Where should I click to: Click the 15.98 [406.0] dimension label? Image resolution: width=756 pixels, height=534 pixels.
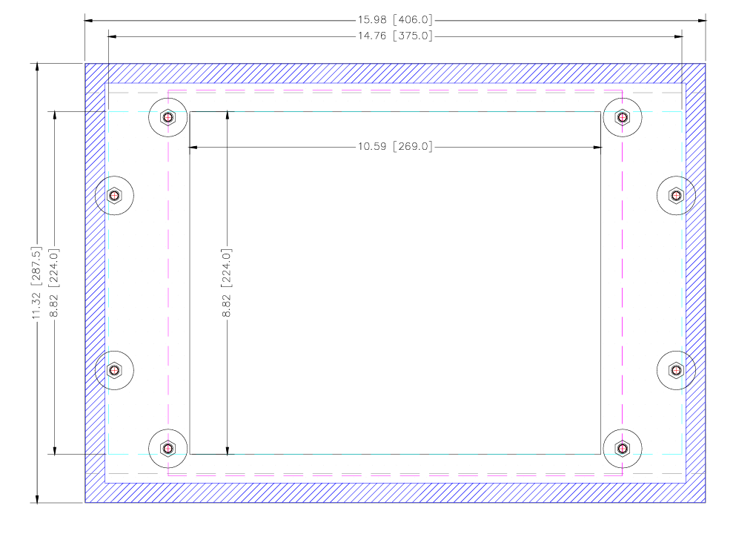coord(395,20)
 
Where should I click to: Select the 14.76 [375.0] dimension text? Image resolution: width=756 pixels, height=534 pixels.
coord(395,36)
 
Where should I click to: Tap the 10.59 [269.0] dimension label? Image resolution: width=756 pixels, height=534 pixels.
coord(395,146)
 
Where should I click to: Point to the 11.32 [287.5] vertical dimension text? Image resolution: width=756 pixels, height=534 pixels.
coord(36,283)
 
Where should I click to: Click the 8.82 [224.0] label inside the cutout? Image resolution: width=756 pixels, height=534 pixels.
coord(227,283)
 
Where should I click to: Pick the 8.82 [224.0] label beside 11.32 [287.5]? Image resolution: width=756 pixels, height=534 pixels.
coord(54,283)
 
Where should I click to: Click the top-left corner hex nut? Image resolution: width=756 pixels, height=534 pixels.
coord(168,117)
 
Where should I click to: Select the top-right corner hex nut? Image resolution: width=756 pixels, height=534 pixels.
coord(623,117)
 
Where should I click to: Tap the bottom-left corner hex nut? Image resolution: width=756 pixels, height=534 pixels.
coord(168,449)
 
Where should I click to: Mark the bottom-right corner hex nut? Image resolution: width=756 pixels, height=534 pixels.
coord(623,449)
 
